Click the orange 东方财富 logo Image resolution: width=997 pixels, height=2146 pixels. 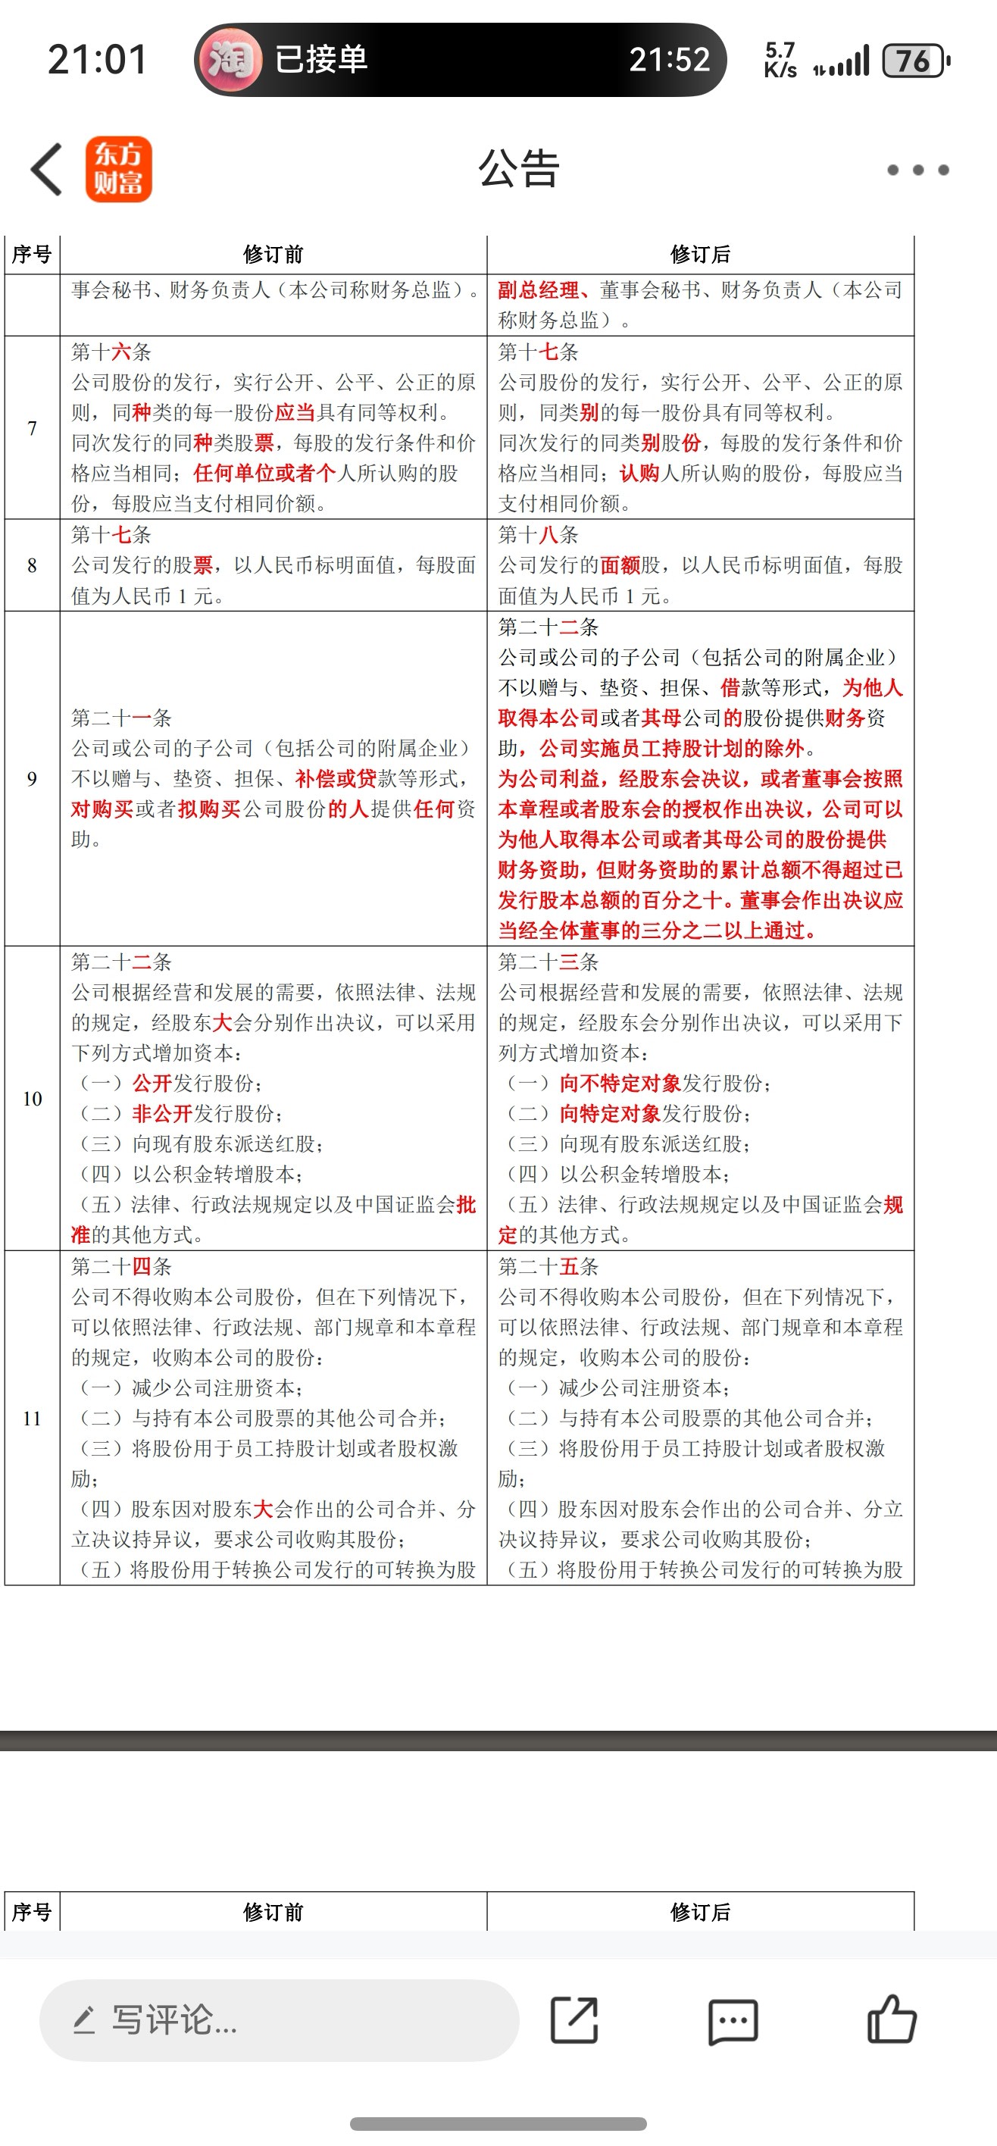118,169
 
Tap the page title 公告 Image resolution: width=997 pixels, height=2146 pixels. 518,169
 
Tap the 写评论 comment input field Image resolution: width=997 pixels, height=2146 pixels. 279,2020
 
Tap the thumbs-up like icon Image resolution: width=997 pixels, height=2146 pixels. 891,2019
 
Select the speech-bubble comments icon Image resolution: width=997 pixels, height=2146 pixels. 733,2021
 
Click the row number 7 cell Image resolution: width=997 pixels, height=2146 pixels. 32,428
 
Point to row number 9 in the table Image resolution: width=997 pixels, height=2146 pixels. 32,779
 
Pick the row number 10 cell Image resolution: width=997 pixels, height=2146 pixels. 32,1099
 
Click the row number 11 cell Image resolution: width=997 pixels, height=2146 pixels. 32,1418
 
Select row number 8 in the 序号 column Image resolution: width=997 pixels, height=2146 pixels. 32,565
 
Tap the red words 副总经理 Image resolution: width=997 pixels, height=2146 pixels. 538,290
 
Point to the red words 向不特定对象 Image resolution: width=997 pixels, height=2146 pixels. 620,1083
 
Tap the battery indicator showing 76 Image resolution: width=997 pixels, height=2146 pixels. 914,61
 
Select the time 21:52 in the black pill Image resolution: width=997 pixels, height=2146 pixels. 669,59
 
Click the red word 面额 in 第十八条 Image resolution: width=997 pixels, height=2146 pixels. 620,565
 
